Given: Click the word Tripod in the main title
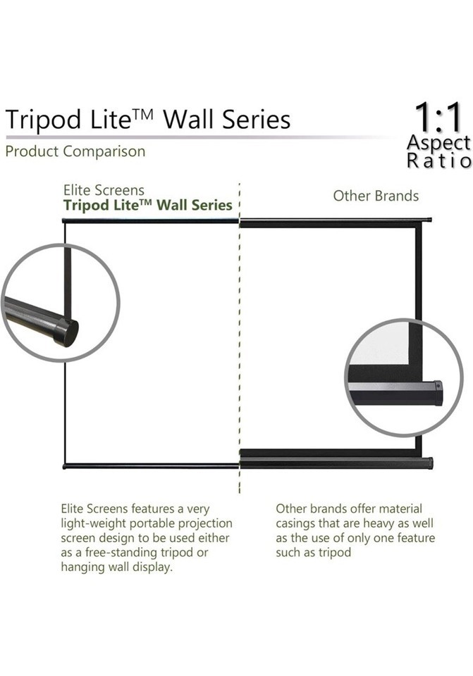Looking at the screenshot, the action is coord(43,120).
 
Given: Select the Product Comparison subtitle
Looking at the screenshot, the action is coord(75,152).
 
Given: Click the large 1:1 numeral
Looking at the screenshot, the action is coord(438,118).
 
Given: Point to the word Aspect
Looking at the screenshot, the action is coord(438,144).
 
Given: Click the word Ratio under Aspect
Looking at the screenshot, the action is coord(439,161).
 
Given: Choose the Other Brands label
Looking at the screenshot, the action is coord(376,196).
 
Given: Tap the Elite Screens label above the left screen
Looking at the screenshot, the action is coord(104,190).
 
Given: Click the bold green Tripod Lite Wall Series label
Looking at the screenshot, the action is coord(147,205).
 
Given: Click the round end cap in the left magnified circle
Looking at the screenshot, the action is coord(66,332).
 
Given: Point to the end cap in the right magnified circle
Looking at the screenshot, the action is coord(438,392).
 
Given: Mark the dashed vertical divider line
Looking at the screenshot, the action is coord(240,337).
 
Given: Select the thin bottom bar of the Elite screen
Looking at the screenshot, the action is coord(151,466).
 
